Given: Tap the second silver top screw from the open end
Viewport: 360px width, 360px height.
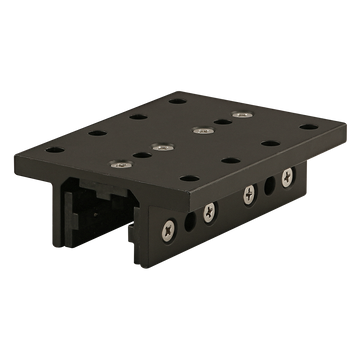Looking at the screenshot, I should (157, 148).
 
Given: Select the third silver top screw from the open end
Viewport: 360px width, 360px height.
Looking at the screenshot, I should (201, 130).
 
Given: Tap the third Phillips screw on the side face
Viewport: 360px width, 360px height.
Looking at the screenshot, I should (247, 192).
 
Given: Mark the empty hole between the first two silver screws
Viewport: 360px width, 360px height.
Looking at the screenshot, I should (137, 157).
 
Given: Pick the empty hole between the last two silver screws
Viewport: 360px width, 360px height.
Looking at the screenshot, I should (219, 122).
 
